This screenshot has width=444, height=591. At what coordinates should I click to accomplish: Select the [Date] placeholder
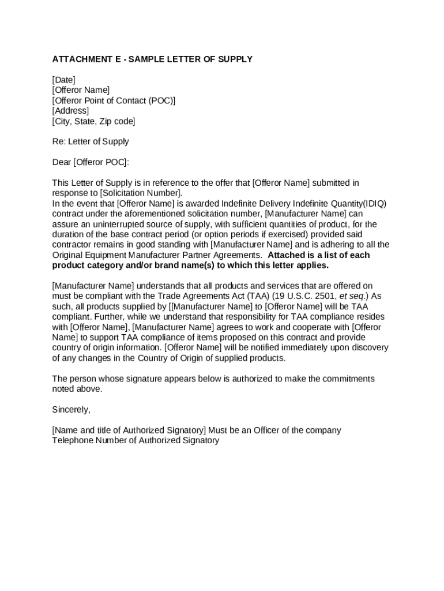[63, 80]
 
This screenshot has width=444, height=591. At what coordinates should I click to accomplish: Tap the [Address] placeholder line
[70, 110]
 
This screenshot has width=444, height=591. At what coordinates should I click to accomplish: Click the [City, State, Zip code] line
[93, 121]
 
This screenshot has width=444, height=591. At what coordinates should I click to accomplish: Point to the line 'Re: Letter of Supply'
[91, 141]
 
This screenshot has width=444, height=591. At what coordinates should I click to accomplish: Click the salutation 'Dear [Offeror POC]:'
[91, 162]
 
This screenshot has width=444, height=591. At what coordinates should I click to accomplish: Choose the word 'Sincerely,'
[71, 409]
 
